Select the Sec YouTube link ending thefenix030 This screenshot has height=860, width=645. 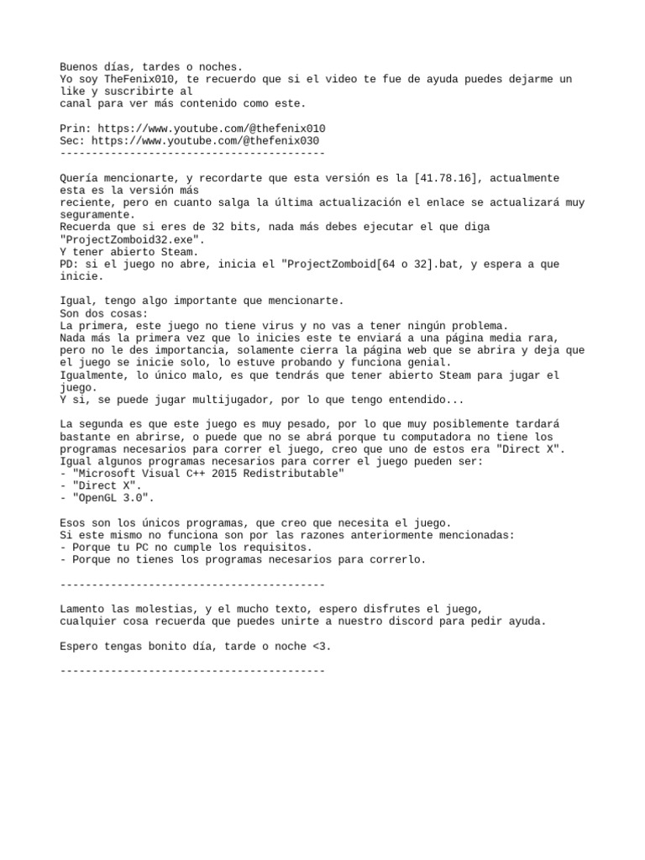[x=205, y=141]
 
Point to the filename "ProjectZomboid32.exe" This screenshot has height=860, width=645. [x=132, y=239]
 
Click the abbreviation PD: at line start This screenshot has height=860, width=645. [x=70, y=265]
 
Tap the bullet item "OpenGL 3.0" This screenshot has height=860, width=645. [x=111, y=498]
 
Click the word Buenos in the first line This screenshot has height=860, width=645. [x=80, y=66]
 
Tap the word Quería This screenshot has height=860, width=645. [x=80, y=178]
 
